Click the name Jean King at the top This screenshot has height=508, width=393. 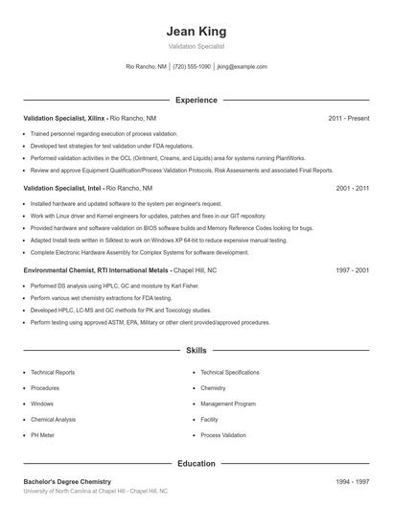196,31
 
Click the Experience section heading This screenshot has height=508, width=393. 196,100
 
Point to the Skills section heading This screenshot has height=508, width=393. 196,352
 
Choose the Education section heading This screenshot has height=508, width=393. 196,463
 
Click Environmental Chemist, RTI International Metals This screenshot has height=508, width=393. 95,271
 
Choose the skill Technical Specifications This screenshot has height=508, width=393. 230,372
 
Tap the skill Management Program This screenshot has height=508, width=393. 228,404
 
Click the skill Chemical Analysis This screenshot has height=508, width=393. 53,420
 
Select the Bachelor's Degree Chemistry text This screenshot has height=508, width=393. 67,481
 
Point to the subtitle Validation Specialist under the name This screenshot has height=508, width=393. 196,46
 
